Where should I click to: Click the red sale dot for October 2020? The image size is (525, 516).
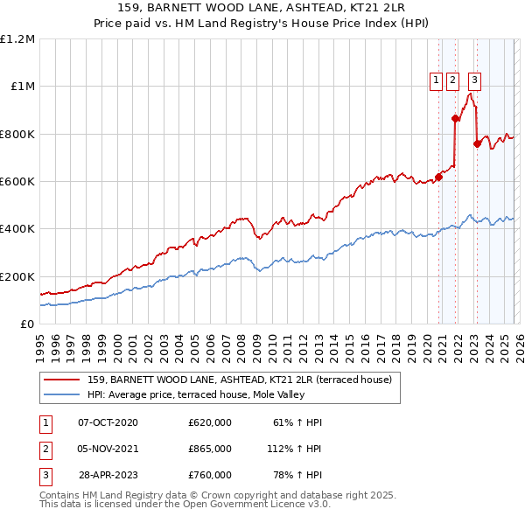click(x=439, y=177)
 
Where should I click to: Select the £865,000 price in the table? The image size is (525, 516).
click(x=210, y=449)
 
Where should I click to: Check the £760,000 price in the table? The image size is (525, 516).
click(x=210, y=475)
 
